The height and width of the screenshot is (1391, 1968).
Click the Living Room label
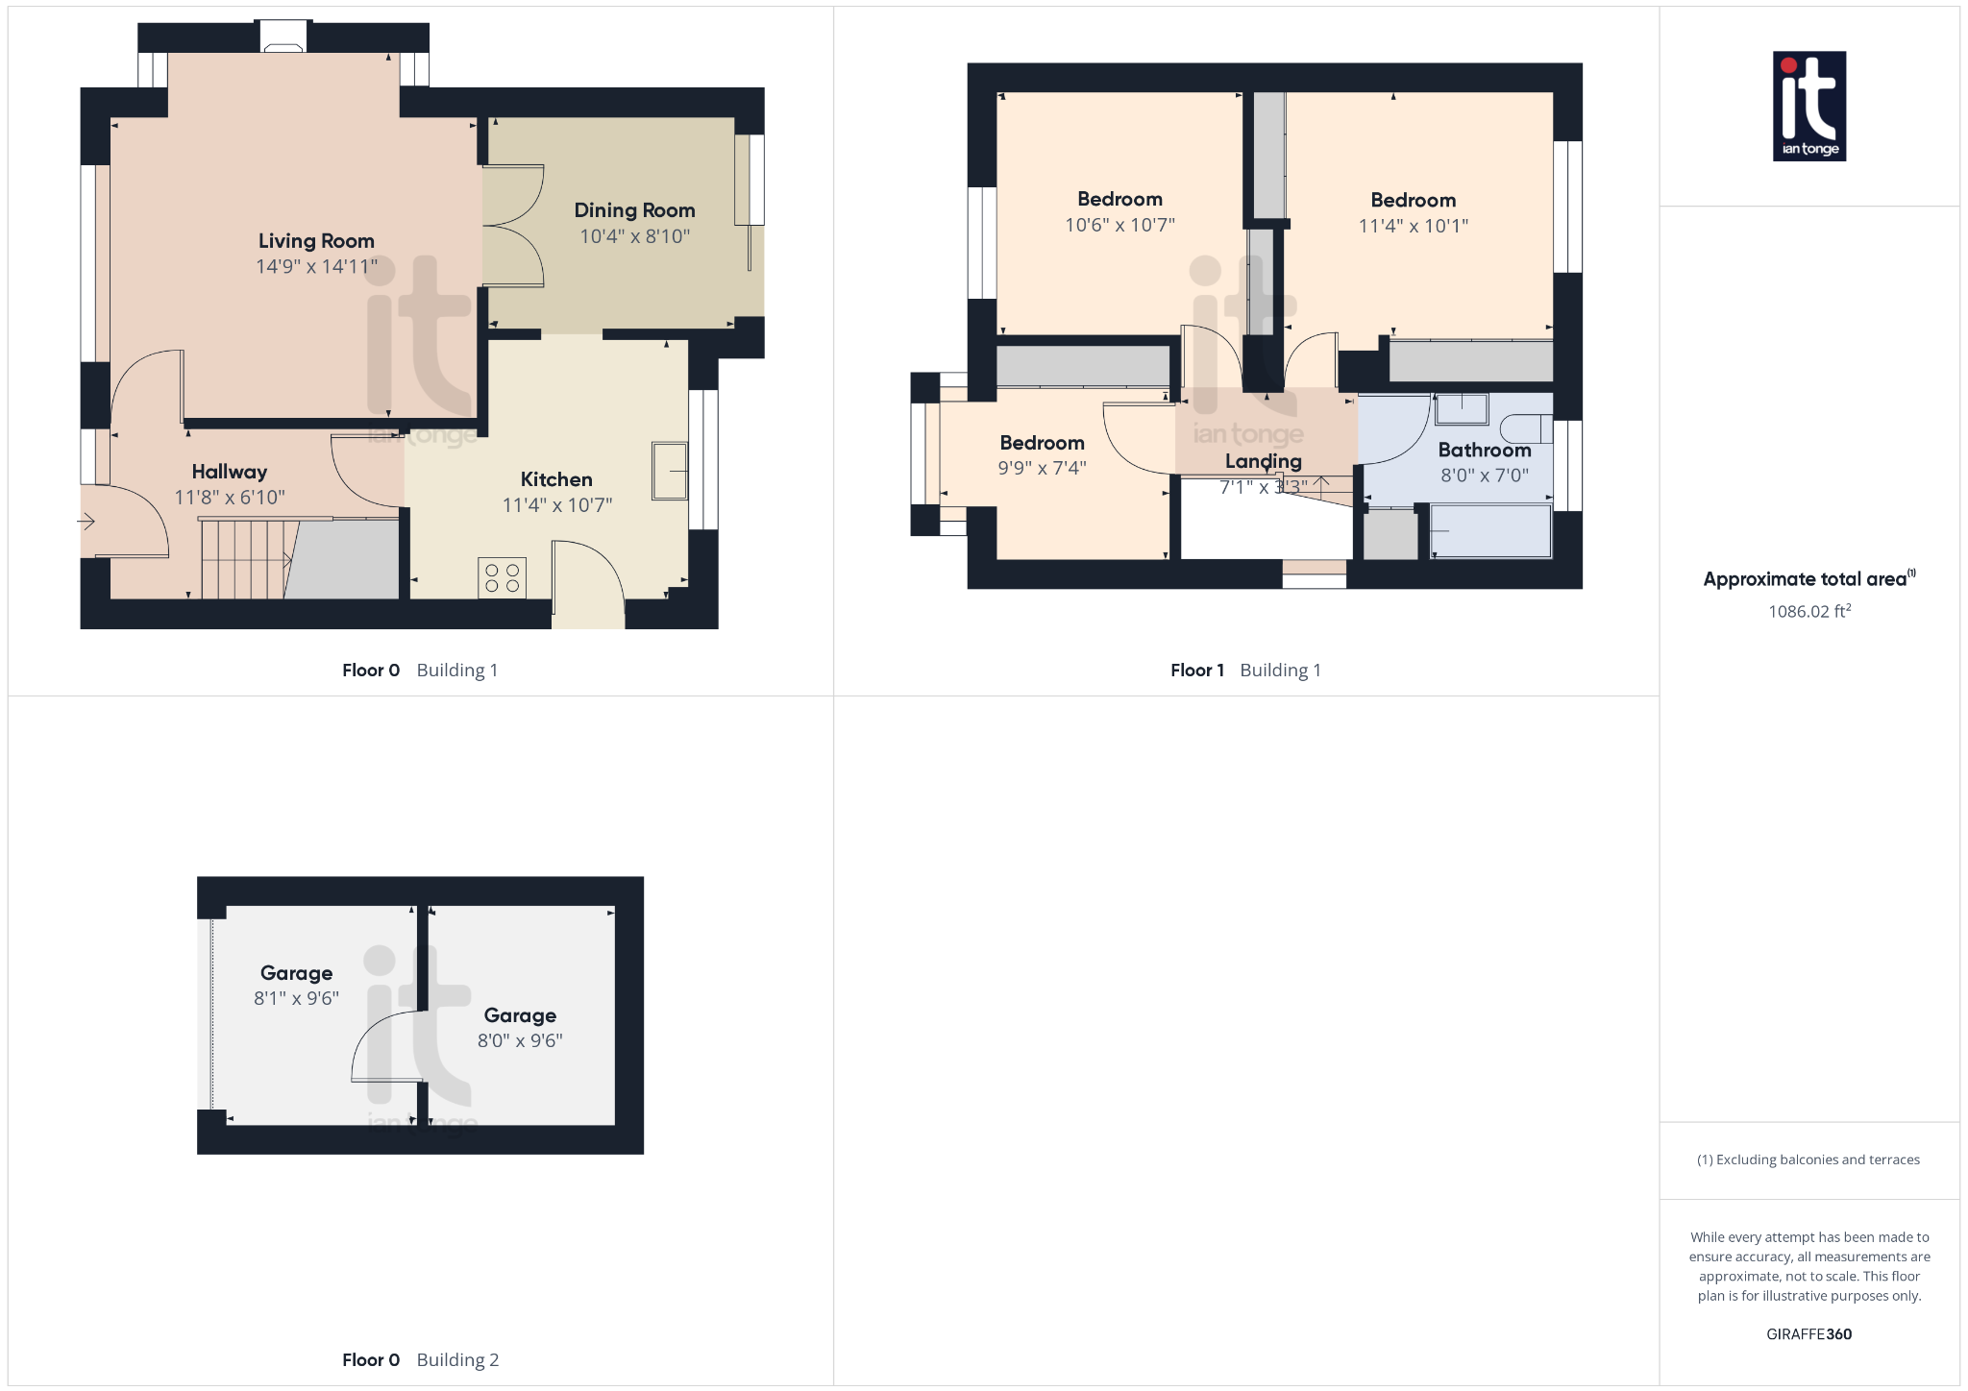click(x=316, y=241)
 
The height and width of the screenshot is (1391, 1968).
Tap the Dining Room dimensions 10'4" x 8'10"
click(x=634, y=236)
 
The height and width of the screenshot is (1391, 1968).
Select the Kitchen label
click(x=556, y=479)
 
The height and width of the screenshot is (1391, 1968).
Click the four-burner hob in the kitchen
click(x=502, y=577)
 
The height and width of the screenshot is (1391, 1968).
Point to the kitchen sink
click(x=670, y=471)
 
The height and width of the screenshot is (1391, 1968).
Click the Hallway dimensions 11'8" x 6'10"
click(x=230, y=498)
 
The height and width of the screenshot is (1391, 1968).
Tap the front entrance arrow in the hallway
click(x=86, y=522)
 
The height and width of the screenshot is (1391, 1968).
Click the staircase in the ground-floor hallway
click(x=244, y=560)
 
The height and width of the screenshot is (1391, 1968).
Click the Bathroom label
click(x=1484, y=450)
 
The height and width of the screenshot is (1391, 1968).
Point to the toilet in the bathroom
click(x=1526, y=428)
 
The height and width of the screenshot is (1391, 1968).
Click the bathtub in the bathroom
click(x=1490, y=531)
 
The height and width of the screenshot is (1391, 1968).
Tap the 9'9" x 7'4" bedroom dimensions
click(x=1042, y=468)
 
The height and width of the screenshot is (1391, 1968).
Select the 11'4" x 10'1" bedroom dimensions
click(x=1413, y=226)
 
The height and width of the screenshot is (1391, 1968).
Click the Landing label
click(x=1263, y=461)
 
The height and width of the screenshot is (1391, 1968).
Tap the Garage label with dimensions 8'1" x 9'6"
click(x=296, y=973)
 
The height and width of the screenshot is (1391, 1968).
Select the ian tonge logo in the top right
click(x=1808, y=106)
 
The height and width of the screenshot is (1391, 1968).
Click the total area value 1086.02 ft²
click(x=1808, y=611)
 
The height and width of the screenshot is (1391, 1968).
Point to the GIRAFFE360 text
click(x=1808, y=1334)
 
